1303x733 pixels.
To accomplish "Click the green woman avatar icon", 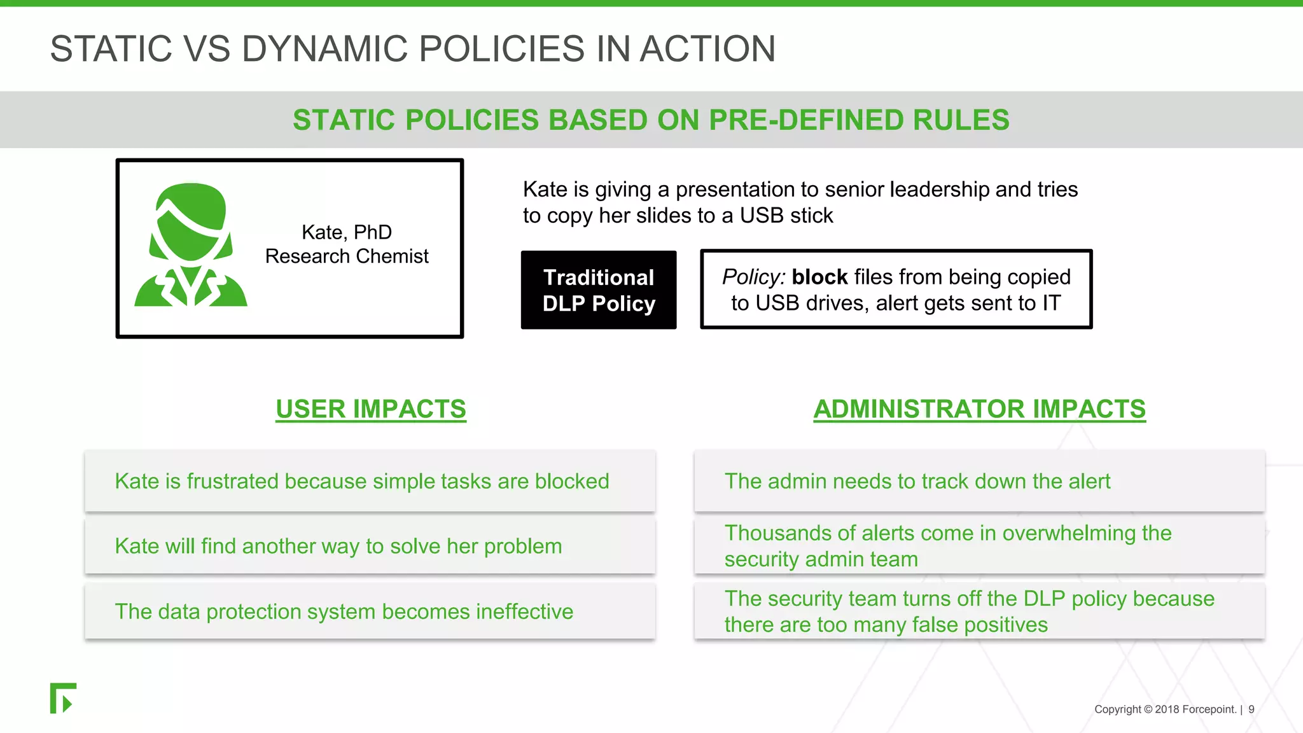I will tap(191, 245).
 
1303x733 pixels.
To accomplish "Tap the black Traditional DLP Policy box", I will tap(598, 290).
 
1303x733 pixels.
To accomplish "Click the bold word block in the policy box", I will tap(819, 277).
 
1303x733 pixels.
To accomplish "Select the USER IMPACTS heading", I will tap(371, 409).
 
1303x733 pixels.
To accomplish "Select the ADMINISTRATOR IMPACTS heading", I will tap(979, 409).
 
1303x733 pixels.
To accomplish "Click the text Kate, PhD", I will tap(347, 232).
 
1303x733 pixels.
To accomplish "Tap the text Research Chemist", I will tap(347, 256).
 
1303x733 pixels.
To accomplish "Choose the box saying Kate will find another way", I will tap(370, 547).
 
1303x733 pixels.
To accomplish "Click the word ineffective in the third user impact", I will tap(524, 612).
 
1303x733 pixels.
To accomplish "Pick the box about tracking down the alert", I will tap(979, 482).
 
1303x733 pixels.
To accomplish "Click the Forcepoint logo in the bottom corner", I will tap(63, 699).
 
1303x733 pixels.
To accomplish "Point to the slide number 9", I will tap(1251, 709).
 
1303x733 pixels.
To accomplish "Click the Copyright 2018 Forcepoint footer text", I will tap(1164, 709).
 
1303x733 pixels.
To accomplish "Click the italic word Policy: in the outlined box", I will tap(753, 277).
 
